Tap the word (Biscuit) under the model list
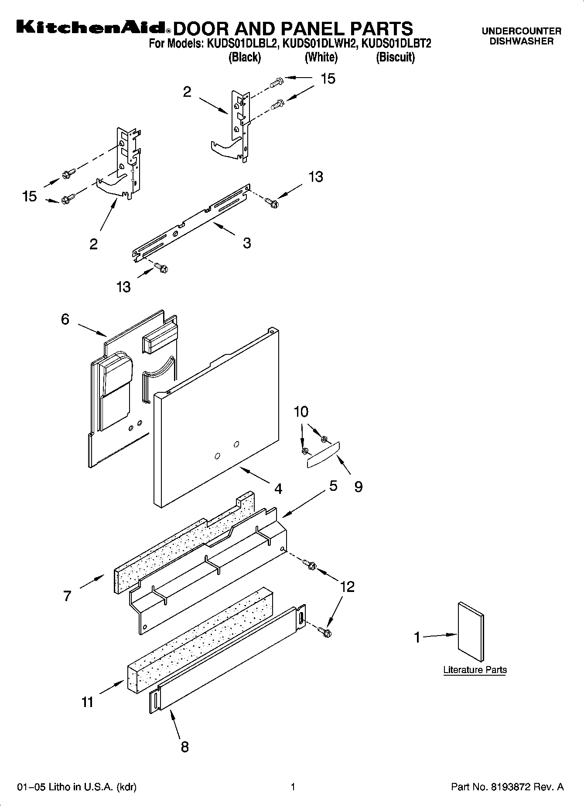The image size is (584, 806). click(x=395, y=57)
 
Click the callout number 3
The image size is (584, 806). click(x=247, y=243)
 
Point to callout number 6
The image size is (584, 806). click(x=65, y=320)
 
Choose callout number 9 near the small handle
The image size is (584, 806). click(x=358, y=486)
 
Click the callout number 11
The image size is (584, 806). click(x=88, y=702)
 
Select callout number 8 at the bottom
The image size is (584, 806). click(x=185, y=747)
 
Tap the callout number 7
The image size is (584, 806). click(x=67, y=595)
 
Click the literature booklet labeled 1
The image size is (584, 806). click(x=471, y=632)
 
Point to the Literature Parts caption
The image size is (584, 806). click(x=475, y=670)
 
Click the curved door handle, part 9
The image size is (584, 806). click(x=323, y=454)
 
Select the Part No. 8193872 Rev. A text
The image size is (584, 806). click(x=507, y=787)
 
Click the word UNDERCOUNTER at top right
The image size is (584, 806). click(x=521, y=31)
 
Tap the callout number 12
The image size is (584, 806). click(x=347, y=587)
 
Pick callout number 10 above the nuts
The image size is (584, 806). click(x=301, y=412)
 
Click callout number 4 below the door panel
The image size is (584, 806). click(x=278, y=489)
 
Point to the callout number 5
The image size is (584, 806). click(x=333, y=486)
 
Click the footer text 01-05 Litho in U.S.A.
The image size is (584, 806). click(x=77, y=787)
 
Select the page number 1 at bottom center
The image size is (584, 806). click(x=293, y=787)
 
